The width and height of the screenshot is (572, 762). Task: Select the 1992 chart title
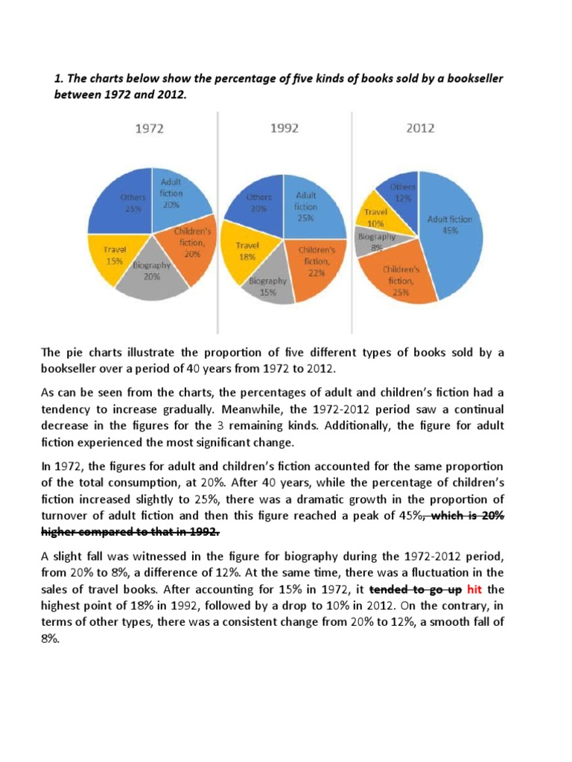point(284,128)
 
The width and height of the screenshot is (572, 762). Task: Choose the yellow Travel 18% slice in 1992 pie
point(248,253)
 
